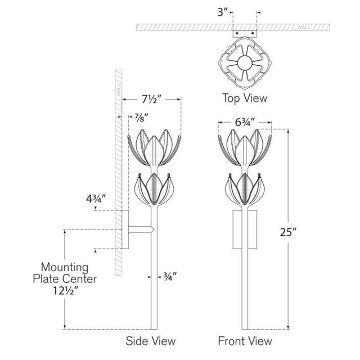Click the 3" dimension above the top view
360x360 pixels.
[x=223, y=12]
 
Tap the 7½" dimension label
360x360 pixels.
[x=150, y=100]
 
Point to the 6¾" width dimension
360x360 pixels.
[x=245, y=123]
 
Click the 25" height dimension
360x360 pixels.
[x=289, y=232]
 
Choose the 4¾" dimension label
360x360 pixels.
[x=96, y=199]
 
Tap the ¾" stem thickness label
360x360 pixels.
[x=170, y=276]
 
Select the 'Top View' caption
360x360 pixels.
[x=245, y=98]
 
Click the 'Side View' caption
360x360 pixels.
[x=151, y=341]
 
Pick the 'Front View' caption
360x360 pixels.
[x=245, y=341]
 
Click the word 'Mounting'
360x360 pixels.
[x=65, y=268]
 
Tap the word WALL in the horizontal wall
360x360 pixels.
[x=304, y=28]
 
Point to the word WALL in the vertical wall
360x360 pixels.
[x=119, y=90]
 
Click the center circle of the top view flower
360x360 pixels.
[x=244, y=63]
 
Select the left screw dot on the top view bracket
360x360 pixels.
[x=237, y=33]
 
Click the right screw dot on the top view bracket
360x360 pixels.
[x=253, y=33]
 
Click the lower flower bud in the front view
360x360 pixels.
[x=245, y=189]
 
